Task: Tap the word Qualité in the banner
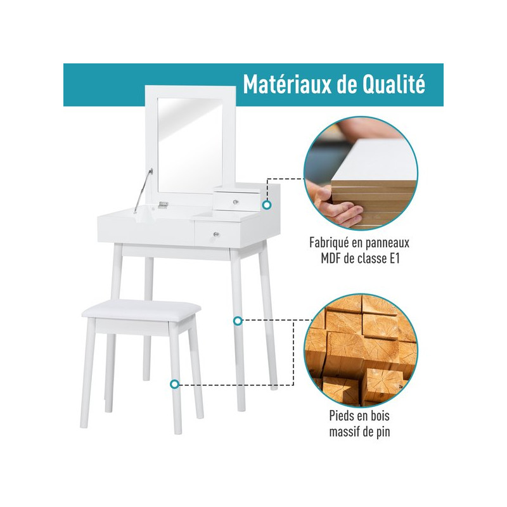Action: pyautogui.click(x=394, y=84)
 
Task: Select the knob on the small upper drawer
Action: pyautogui.click(x=236, y=202)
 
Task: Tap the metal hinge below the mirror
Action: pyautogui.click(x=164, y=204)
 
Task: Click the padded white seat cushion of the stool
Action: pyautogui.click(x=141, y=309)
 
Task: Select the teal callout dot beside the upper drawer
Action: pyautogui.click(x=267, y=205)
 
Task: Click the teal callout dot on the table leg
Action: pyautogui.click(x=238, y=321)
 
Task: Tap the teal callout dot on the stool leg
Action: pyautogui.click(x=175, y=384)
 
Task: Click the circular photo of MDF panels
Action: pyautogui.click(x=361, y=174)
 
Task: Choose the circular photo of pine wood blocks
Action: pyautogui.click(x=361, y=351)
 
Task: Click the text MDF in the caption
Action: pyautogui.click(x=330, y=259)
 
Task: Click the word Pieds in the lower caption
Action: pyautogui.click(x=341, y=416)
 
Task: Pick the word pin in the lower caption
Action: pyautogui.click(x=383, y=432)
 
